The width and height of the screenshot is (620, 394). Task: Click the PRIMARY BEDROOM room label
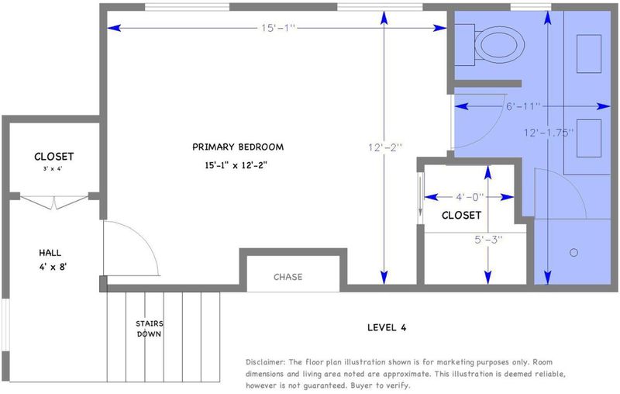click(x=238, y=147)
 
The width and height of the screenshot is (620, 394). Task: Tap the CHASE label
click(x=288, y=277)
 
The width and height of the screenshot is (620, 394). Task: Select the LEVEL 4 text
click(x=387, y=327)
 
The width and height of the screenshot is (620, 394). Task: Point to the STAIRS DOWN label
click(x=149, y=329)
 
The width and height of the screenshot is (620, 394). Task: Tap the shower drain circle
click(x=573, y=252)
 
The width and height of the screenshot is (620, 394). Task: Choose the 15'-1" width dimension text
click(x=278, y=28)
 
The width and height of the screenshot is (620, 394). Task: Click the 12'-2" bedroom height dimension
click(x=385, y=147)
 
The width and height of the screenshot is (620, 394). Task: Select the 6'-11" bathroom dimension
click(x=523, y=106)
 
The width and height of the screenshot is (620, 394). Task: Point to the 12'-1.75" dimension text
click(x=549, y=133)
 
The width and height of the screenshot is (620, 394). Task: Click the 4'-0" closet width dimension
click(x=470, y=196)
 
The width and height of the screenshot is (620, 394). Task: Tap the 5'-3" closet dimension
click(x=488, y=240)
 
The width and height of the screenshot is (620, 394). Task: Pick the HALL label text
click(x=50, y=253)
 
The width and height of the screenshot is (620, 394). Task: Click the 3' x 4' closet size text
click(x=53, y=168)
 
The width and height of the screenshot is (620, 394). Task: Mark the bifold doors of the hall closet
click(x=54, y=202)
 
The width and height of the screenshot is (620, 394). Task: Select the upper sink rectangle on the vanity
click(x=589, y=54)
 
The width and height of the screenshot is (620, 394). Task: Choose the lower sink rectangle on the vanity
click(x=589, y=138)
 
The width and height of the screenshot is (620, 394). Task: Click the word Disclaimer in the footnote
click(x=265, y=362)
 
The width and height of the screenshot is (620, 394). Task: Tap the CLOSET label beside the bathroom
click(x=461, y=215)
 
